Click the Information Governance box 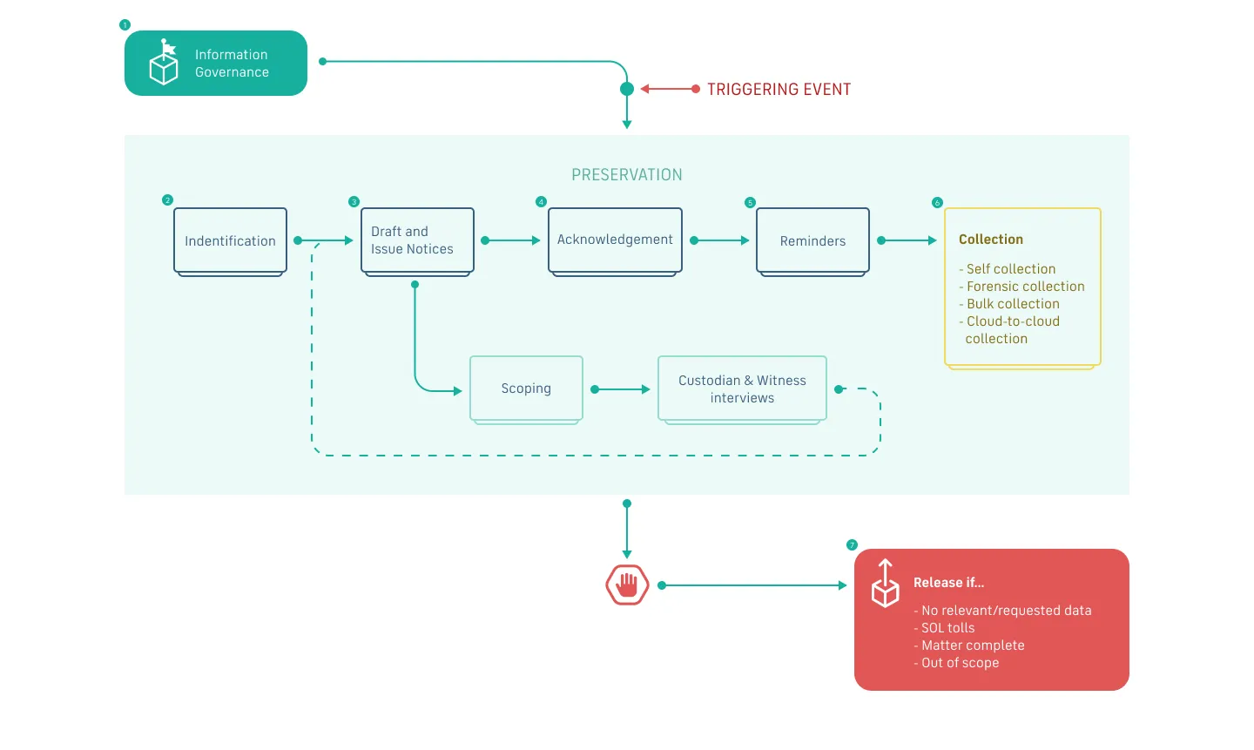[215, 64]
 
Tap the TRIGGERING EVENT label [779, 90]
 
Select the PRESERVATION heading [626, 175]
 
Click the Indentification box [230, 241]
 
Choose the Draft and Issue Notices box [417, 240]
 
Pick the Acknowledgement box [615, 240]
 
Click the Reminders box [812, 241]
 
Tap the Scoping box [526, 389]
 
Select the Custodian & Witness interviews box [742, 389]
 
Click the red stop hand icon [627, 585]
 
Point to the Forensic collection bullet [1025, 287]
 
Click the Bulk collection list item [1013, 304]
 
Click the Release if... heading [948, 583]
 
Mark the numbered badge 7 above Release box [852, 544]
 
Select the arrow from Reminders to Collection [907, 240]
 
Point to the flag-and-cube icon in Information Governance [164, 63]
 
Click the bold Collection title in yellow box [990, 240]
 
